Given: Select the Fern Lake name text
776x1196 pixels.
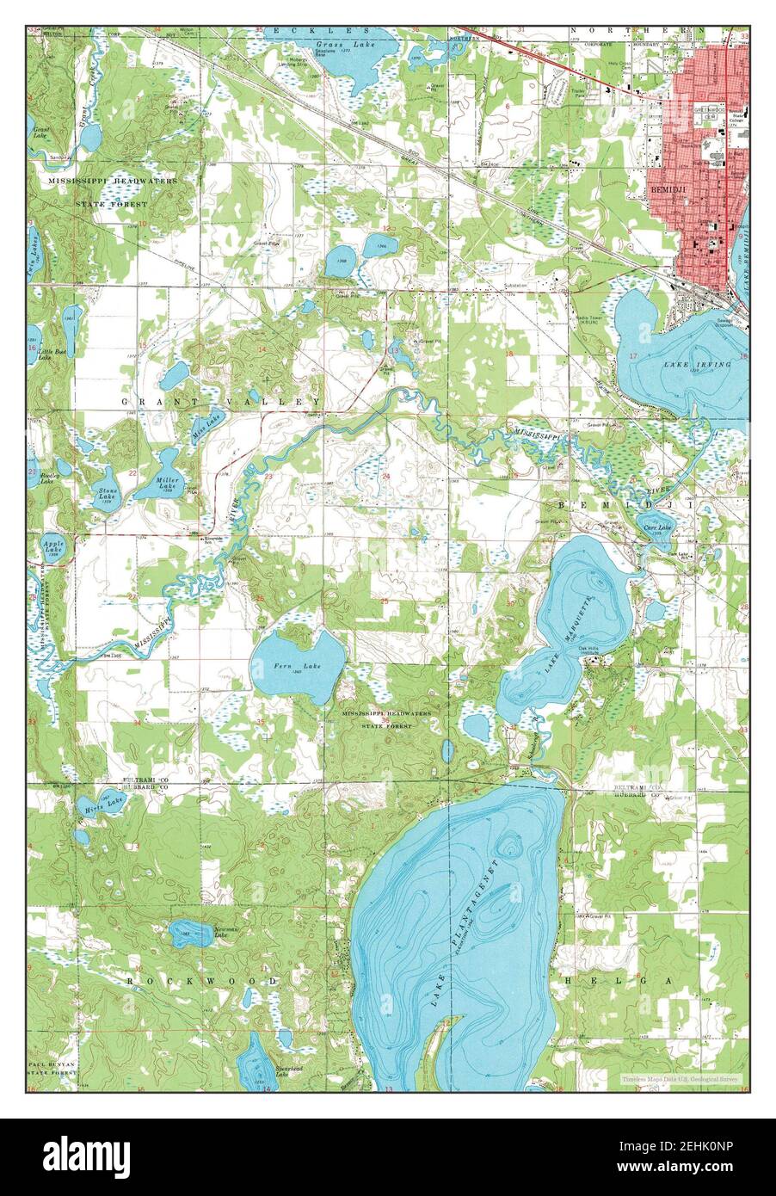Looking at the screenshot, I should click(286, 667).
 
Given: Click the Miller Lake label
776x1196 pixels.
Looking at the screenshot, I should click(167, 484).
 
